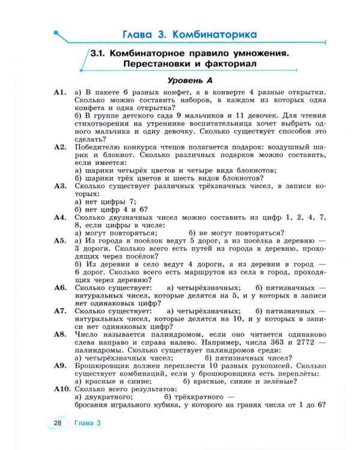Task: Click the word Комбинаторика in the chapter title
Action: point(214,34)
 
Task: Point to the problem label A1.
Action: point(59,92)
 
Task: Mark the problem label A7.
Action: point(59,311)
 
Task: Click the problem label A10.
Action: point(61,389)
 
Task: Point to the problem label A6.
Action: point(59,287)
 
